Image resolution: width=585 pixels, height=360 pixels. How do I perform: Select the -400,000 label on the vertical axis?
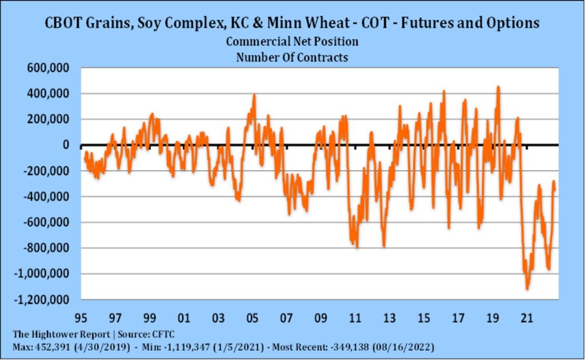47,197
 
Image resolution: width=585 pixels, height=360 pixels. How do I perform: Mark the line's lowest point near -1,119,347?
527,289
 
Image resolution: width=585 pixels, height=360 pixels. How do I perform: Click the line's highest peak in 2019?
498,87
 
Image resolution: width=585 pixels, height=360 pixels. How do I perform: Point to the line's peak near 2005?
254,95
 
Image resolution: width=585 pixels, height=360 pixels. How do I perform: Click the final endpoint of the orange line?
555,190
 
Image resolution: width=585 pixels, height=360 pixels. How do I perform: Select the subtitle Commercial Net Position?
292,42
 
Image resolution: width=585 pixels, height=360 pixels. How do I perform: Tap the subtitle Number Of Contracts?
292,57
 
